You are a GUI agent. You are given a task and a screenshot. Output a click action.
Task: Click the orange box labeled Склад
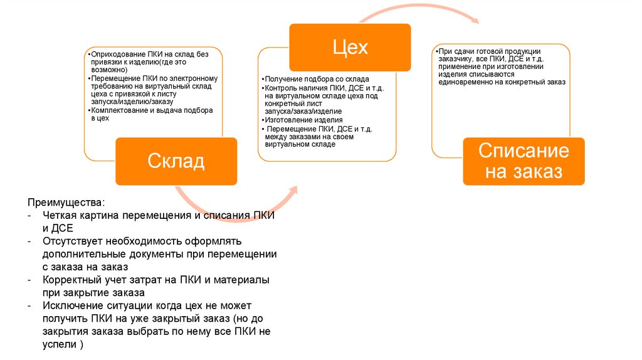(176, 161)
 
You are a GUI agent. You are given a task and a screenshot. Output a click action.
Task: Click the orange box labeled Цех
(349, 48)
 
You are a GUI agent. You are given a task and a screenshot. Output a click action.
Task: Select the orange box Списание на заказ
(524, 161)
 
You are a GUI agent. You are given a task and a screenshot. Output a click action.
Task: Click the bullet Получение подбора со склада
(312, 80)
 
